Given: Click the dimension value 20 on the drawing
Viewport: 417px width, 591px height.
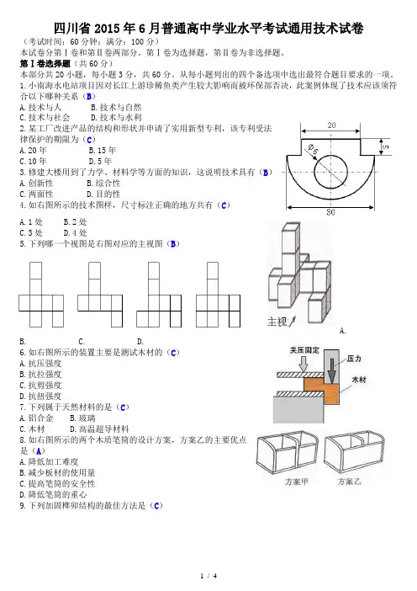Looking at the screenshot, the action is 331,125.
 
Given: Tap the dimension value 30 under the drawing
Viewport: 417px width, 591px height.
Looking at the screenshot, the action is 330,212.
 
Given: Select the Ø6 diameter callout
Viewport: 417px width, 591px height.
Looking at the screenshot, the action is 313,149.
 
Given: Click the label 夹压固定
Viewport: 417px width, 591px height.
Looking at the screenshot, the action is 304,350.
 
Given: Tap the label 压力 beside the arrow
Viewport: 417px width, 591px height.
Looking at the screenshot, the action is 354,359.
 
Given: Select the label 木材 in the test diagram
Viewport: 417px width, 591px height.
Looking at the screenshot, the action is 359,380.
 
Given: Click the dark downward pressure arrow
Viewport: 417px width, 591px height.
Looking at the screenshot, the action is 331,371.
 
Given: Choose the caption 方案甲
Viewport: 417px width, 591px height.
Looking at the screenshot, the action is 297,482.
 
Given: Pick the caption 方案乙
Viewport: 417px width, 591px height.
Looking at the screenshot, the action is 349,482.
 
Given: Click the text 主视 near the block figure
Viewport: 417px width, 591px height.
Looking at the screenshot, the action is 277,322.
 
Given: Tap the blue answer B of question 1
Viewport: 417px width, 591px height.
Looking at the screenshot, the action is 89,97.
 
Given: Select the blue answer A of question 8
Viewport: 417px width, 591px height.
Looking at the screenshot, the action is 38,450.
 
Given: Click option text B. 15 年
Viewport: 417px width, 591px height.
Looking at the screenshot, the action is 103,151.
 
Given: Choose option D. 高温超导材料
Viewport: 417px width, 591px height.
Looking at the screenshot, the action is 99,429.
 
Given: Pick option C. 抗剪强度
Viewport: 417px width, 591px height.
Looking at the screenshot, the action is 40,386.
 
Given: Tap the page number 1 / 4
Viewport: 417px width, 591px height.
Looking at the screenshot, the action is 208,576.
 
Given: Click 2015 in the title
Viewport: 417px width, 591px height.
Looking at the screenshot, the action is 109,29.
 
